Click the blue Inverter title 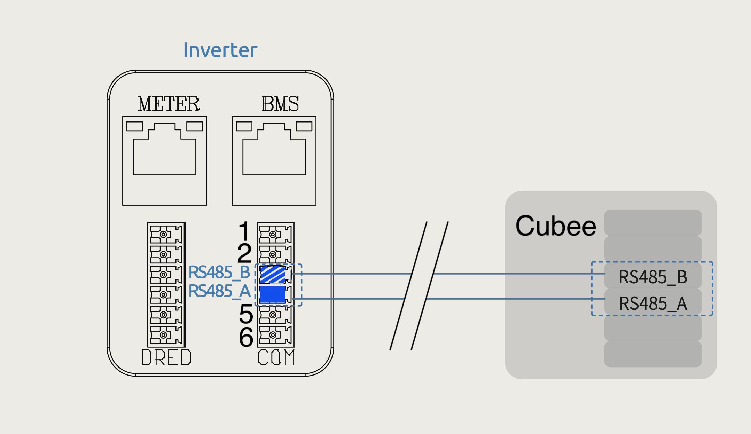(x=220, y=50)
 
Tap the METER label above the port (x=169, y=104)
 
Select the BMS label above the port (x=280, y=104)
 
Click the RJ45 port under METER (x=165, y=161)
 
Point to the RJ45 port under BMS (x=274, y=161)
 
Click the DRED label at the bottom (x=166, y=357)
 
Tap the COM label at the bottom (x=276, y=357)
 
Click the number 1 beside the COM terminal (x=244, y=231)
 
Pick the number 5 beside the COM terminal (x=246, y=314)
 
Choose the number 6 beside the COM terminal (x=246, y=337)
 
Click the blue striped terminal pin (x=273, y=274)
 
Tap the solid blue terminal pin (x=273, y=294)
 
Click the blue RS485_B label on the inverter (x=219, y=272)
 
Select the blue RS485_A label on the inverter (x=219, y=291)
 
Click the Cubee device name (x=556, y=226)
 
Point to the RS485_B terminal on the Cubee (x=653, y=277)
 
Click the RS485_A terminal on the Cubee (x=653, y=303)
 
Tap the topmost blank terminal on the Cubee (x=653, y=223)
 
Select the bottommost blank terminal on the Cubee (x=653, y=354)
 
